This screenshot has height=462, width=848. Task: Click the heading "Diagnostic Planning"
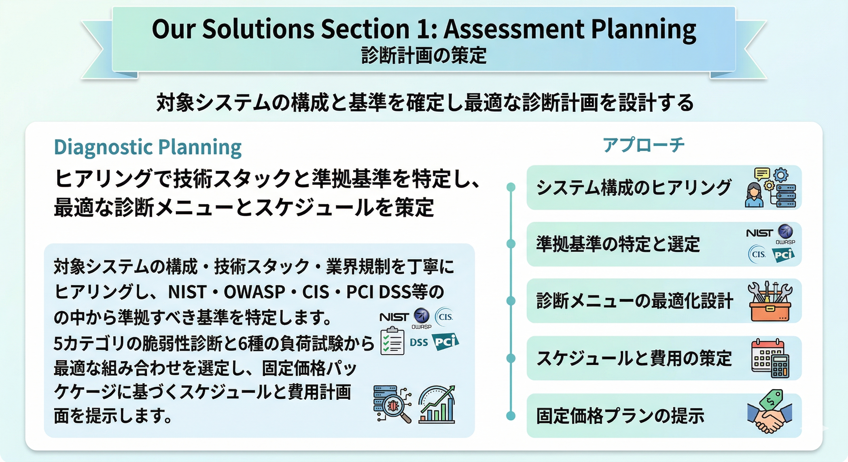[x=148, y=147]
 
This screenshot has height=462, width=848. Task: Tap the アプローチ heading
[x=643, y=145]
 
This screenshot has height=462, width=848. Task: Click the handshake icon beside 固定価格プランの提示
[x=770, y=412]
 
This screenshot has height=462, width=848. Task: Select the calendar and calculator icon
[x=770, y=359]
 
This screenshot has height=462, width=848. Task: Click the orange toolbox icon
[x=770, y=301]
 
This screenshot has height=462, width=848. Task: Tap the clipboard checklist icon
[x=392, y=341]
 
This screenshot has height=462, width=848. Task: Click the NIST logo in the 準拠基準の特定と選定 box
[x=759, y=233]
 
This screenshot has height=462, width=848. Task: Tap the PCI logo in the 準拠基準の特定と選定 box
[x=783, y=255]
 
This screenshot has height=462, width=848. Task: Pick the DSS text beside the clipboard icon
[x=419, y=343]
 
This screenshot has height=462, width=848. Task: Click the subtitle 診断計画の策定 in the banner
[x=424, y=55]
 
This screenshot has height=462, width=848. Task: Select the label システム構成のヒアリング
[x=634, y=187]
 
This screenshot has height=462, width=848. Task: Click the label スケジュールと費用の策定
[x=634, y=358]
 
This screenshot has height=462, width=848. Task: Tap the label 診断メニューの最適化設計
[x=635, y=301]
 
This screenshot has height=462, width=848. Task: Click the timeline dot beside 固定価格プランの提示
[x=511, y=415]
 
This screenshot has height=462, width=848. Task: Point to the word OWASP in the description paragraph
[x=254, y=292]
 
